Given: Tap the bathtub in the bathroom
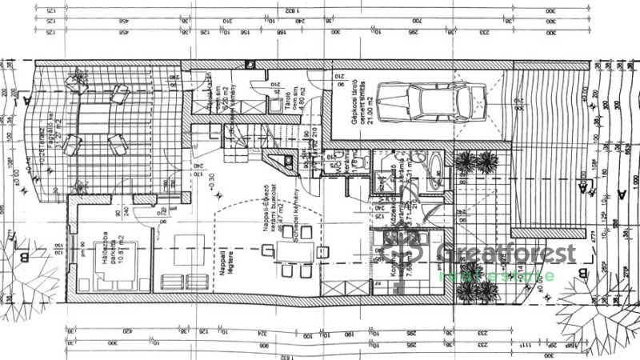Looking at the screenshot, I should tap(434, 170).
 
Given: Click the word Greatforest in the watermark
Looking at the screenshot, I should tap(507, 254).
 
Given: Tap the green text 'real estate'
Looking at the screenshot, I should tap(497, 276).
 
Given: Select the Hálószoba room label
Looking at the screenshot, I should tap(102, 244).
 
